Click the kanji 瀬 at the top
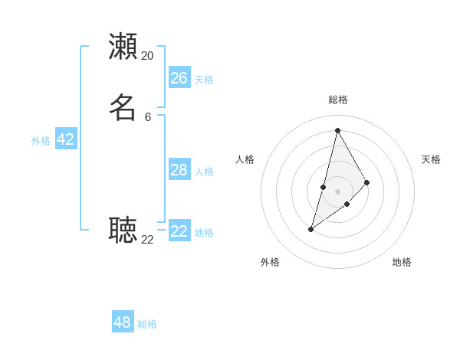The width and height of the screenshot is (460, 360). [x=123, y=46]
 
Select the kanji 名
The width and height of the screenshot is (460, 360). [x=123, y=107]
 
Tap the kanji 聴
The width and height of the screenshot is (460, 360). [x=123, y=229]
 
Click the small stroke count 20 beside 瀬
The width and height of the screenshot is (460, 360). [x=147, y=56]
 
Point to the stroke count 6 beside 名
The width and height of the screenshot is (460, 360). [x=148, y=117]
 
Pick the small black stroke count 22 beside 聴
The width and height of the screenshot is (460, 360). [x=147, y=240]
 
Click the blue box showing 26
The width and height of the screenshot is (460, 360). [x=179, y=77]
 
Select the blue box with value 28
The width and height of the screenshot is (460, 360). [x=179, y=169]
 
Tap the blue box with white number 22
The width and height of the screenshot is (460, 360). [x=179, y=231]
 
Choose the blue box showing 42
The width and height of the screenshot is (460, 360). [x=66, y=139]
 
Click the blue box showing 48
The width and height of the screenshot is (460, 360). [x=123, y=322]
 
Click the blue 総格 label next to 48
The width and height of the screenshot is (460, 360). [x=147, y=324]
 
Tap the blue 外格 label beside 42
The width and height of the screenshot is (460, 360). [x=41, y=141]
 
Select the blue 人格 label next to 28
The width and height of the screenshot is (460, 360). [x=204, y=172]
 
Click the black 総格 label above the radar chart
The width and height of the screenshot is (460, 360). [x=338, y=100]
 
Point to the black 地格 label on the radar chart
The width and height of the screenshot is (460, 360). [x=402, y=262]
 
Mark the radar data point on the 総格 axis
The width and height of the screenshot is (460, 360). [x=337, y=130]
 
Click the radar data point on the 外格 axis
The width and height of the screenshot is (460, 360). [x=310, y=229]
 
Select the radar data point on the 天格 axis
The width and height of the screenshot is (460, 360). [x=367, y=182]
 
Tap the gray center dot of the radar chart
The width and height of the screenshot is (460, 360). [x=337, y=191]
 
